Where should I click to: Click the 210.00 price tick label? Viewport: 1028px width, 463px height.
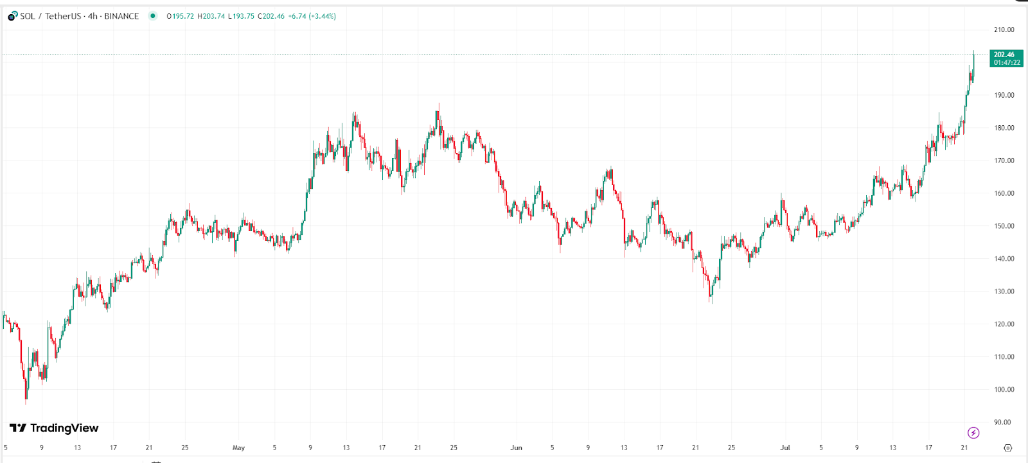1004,30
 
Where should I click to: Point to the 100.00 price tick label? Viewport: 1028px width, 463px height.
1004,390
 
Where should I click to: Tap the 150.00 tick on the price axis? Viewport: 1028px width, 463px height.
1004,226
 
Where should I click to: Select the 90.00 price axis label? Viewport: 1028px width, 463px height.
1002,423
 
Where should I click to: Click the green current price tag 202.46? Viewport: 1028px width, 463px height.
1006,58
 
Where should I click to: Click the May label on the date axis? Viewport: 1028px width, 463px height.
238,448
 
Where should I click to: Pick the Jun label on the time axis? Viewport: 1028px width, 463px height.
516,448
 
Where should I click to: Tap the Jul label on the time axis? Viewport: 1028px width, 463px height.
784,448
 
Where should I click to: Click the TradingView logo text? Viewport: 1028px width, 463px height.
64,428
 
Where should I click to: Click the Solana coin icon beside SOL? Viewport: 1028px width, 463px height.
12,16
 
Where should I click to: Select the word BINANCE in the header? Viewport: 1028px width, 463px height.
121,16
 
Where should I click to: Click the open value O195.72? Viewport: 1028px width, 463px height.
180,16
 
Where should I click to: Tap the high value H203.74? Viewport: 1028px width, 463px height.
211,16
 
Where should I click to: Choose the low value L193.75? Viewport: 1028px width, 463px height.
242,16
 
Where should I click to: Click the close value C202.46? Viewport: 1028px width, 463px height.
271,16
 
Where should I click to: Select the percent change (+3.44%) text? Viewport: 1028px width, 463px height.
323,16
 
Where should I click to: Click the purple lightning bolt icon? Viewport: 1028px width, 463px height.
973,433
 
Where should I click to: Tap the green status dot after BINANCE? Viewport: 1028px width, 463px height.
152,16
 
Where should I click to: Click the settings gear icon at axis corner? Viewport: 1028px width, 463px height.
1007,448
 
